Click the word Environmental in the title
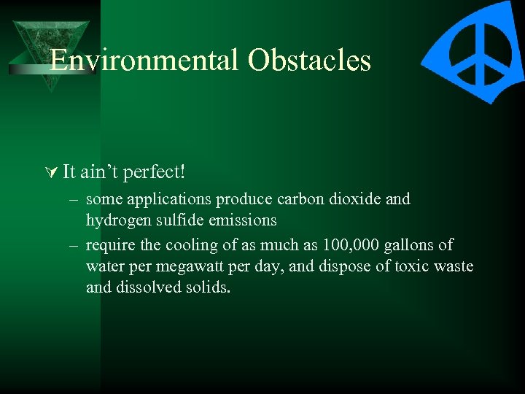[x=145, y=61]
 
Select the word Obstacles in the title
[x=309, y=61]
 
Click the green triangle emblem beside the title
[x=50, y=51]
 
